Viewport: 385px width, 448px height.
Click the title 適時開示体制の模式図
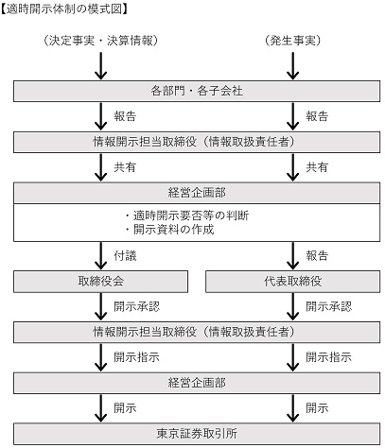[64, 9]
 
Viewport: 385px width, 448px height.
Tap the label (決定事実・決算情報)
[101, 41]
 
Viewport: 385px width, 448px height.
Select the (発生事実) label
[293, 41]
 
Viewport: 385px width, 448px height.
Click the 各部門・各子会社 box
[197, 91]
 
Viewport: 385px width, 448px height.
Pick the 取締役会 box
[101, 281]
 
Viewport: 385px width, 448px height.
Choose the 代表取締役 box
[293, 281]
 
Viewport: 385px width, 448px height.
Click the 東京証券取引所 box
[197, 434]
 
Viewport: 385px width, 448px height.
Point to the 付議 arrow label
[125, 255]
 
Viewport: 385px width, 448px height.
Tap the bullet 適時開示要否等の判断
[186, 215]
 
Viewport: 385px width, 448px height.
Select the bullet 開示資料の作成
[169, 230]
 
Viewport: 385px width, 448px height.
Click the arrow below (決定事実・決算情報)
[101, 66]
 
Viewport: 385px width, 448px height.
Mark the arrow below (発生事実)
[293, 66]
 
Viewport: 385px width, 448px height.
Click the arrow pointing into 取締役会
[101, 256]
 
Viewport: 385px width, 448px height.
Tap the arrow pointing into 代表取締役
[293, 256]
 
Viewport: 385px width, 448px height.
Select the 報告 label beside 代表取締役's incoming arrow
[317, 255]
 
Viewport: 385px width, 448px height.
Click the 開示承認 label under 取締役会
[137, 306]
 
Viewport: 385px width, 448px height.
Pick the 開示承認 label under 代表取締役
[329, 306]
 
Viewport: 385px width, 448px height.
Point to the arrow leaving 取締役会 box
[101, 306]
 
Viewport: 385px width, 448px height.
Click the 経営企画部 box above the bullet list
[197, 193]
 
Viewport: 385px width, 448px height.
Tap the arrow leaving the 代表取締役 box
[293, 306]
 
